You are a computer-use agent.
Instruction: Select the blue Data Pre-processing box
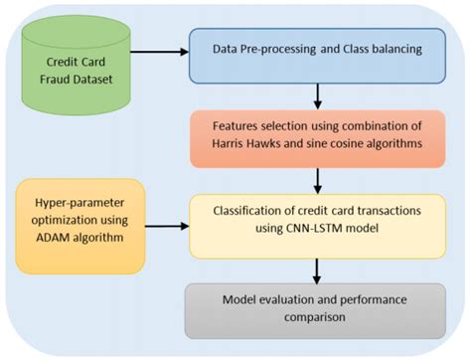(317, 48)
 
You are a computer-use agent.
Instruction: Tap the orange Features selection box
(317, 136)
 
